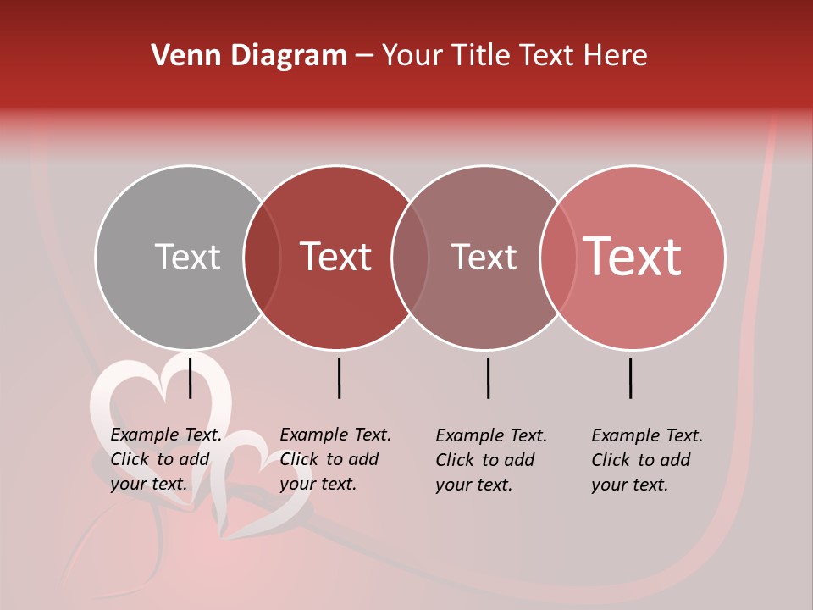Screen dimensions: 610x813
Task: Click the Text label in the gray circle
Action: (187, 257)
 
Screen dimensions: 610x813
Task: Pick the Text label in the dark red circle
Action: (336, 257)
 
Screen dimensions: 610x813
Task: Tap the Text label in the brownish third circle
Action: (484, 257)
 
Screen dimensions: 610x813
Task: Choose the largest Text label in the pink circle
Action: (633, 257)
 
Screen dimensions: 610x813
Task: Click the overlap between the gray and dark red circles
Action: (262, 257)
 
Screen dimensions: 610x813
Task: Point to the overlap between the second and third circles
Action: (410, 257)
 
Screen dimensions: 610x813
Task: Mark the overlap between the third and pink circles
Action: (558, 257)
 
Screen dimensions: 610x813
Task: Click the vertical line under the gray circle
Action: (191, 378)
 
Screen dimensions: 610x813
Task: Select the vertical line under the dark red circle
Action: (339, 378)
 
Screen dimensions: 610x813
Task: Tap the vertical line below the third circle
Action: (488, 378)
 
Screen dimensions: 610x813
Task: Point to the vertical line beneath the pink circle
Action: (631, 378)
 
